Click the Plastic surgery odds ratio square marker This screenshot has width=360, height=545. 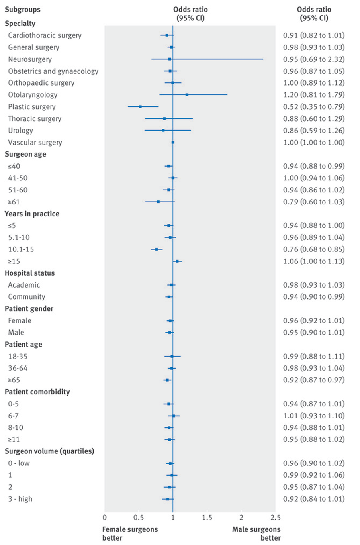tap(140, 107)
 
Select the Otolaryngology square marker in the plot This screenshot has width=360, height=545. tap(187, 95)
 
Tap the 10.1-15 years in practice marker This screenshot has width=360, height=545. tap(157, 249)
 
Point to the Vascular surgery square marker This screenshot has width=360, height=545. tap(173, 142)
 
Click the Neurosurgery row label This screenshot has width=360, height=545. tap(30, 59)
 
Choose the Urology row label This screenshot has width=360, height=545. tap(20, 131)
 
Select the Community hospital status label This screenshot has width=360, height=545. tap(27, 297)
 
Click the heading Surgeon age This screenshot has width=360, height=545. tap(25, 154)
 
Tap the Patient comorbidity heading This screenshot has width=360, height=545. tap(37, 392)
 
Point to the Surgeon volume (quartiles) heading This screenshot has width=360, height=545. tap(49, 451)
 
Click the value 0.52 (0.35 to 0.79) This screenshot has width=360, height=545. tap(314, 107)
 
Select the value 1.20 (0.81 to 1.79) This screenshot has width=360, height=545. tap(314, 95)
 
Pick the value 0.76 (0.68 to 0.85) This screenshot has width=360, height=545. tap(314, 249)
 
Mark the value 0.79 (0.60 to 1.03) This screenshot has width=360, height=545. tap(314, 202)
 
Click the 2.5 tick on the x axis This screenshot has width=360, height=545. tap(275, 518)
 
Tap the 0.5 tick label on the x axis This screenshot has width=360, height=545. tap(139, 518)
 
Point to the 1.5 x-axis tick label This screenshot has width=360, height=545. tap(207, 518)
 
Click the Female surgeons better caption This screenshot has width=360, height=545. tap(130, 534)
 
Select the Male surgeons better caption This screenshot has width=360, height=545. tap(256, 534)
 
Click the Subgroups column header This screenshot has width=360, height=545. tap(22, 10)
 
